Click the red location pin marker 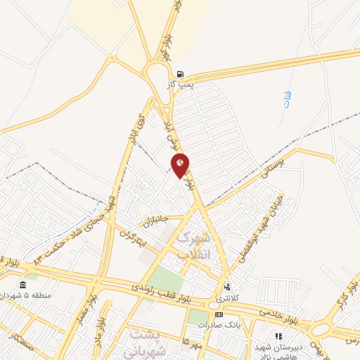(x=181, y=165)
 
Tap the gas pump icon (x=181, y=74)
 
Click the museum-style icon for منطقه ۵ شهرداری (x=23, y=285)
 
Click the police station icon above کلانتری (x=226, y=288)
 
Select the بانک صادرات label (x=219, y=324)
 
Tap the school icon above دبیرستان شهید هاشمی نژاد (x=278, y=337)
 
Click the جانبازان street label (x=157, y=221)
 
